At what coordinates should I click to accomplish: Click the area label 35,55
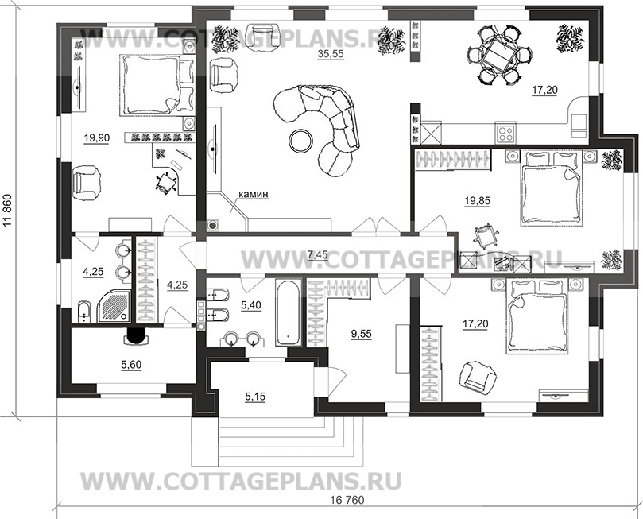point(331,54)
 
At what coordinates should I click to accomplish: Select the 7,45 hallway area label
point(317,255)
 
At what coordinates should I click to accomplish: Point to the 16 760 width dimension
point(347,501)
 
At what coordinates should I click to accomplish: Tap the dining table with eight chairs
point(500,56)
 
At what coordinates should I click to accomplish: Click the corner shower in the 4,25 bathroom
point(114,307)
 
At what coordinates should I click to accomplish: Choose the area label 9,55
point(362,334)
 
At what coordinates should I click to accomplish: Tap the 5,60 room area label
point(131,364)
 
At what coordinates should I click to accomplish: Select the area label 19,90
point(97,138)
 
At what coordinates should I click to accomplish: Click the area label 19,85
point(477,201)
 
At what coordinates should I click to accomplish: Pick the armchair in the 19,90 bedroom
point(86,182)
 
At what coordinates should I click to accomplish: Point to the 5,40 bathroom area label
point(251,304)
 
